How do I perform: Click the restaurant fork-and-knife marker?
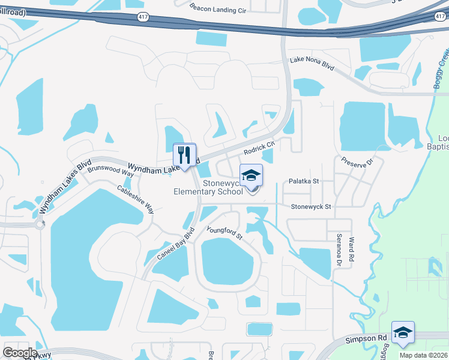(185, 155)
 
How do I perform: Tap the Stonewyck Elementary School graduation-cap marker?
(252, 176)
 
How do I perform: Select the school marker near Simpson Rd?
(403, 333)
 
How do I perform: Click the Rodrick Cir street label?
(259, 145)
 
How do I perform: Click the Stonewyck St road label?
(311, 206)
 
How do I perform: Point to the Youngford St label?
(224, 233)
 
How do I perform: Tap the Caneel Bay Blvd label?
(177, 244)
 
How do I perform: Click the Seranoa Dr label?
(339, 250)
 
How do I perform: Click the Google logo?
(20, 353)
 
